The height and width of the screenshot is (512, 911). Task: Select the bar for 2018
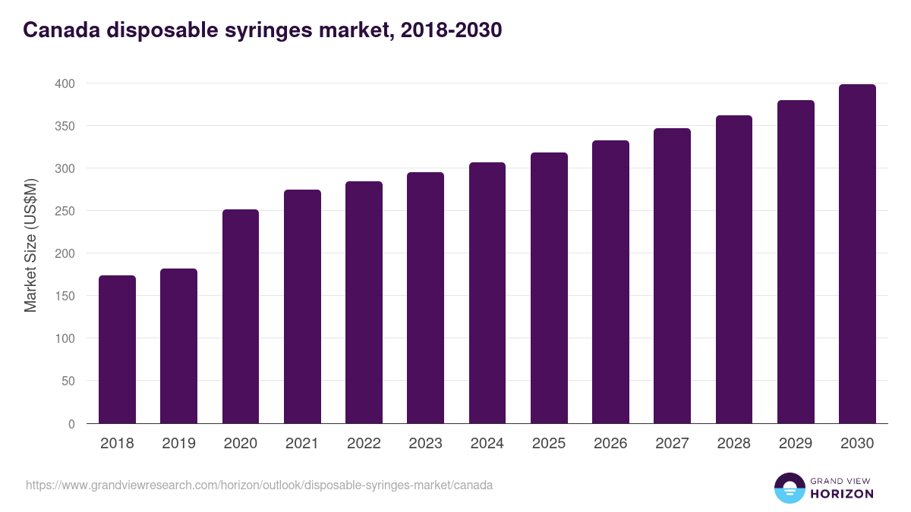click(x=117, y=350)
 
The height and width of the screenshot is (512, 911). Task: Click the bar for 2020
click(x=241, y=316)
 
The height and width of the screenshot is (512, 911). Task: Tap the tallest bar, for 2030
click(x=857, y=254)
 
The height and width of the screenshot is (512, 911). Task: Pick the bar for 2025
click(x=549, y=288)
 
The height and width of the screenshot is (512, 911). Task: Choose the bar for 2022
click(x=364, y=303)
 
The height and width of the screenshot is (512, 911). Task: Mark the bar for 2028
click(x=734, y=269)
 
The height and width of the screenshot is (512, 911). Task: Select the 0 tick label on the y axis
click(x=71, y=424)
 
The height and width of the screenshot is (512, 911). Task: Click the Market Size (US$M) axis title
click(x=30, y=245)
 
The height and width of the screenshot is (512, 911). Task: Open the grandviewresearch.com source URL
click(x=259, y=485)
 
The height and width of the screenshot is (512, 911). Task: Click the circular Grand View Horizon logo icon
click(x=789, y=488)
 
